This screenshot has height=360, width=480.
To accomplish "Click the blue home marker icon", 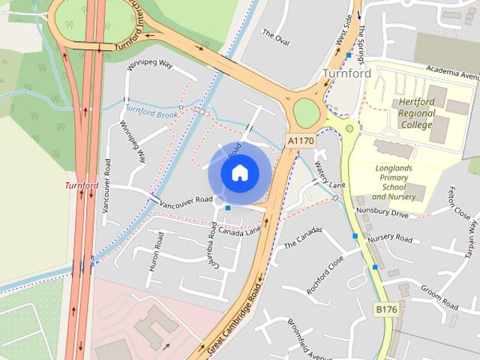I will click(239, 172).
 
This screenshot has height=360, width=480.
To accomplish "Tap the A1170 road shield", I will click(301, 140).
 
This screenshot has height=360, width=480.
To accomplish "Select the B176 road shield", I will click(385, 309).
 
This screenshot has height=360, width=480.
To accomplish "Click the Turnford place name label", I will click(347, 73).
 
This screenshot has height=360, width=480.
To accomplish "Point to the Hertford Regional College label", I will click(416, 112).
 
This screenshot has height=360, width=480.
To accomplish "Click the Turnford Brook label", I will click(151, 112).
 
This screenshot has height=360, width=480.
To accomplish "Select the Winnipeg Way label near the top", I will click(151, 64).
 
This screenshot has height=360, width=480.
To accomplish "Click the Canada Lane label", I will click(240, 230).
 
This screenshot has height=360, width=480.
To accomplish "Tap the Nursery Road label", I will click(390, 238).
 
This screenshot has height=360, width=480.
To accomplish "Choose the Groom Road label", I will click(439, 297).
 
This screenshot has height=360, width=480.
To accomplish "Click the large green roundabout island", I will click(306, 112).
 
